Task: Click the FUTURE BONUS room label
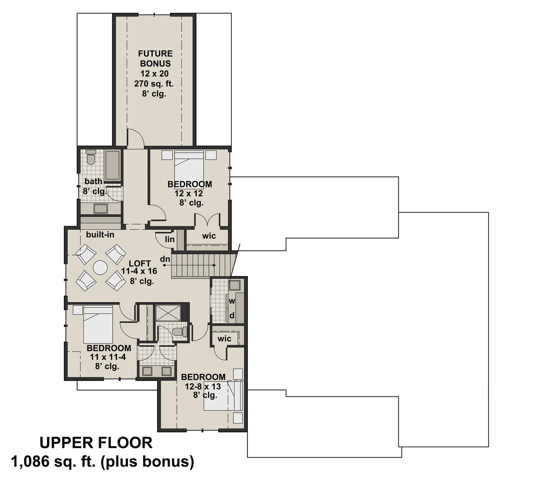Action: (x=155, y=58)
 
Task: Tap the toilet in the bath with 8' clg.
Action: (x=91, y=158)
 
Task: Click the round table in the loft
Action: (x=100, y=267)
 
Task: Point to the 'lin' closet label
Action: (x=170, y=239)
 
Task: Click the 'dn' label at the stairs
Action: (x=165, y=259)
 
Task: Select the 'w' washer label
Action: (x=232, y=301)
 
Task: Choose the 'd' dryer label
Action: (x=232, y=316)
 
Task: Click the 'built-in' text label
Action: (x=100, y=234)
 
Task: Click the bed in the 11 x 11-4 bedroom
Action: (x=98, y=324)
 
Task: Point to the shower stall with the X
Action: (x=168, y=312)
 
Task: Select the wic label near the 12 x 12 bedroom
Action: (x=209, y=236)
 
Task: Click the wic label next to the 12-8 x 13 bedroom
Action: (x=224, y=339)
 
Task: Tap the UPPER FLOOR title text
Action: (x=96, y=443)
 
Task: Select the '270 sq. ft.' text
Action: (x=154, y=84)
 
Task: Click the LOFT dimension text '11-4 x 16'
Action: (x=139, y=271)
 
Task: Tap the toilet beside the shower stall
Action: (x=179, y=332)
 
